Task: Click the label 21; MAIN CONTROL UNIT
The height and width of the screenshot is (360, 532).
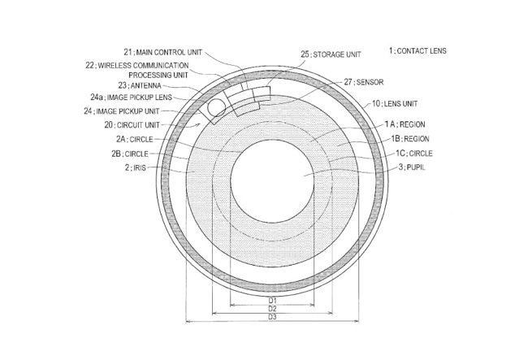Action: pos(163,52)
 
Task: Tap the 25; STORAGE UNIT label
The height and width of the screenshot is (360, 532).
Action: pos(331,54)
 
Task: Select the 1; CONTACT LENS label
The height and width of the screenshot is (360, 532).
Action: pos(417,51)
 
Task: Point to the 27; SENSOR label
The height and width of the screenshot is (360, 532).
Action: pos(364,82)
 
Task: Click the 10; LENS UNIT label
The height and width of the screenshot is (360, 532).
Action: pos(395,103)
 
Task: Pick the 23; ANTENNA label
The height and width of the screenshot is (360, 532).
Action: pos(140,85)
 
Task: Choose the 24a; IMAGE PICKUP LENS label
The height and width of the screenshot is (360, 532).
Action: pos(132,98)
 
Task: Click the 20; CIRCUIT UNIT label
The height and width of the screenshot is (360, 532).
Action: pos(132,125)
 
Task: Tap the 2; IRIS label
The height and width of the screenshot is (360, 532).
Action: pos(136,167)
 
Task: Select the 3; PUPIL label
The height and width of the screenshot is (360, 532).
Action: pos(412,167)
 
